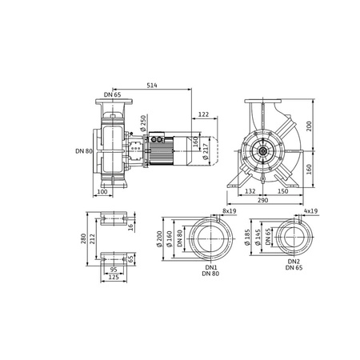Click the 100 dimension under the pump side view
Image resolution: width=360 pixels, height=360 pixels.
[x=102, y=192]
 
